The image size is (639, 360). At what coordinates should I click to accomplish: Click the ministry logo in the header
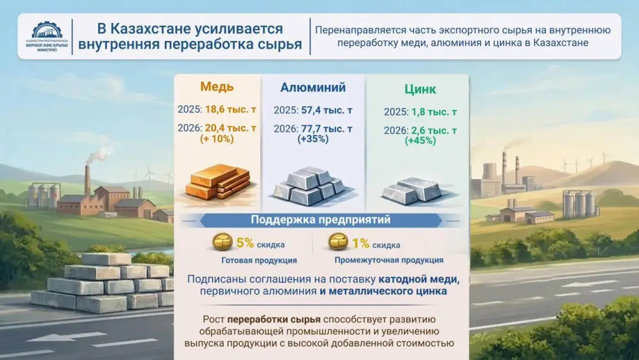pyautogui.click(x=46, y=37)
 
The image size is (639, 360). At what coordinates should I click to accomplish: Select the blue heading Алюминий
pyautogui.click(x=313, y=88)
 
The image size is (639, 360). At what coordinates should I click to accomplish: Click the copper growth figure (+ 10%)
pyautogui.click(x=217, y=139)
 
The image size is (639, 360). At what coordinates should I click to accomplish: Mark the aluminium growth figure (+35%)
pyautogui.click(x=312, y=139)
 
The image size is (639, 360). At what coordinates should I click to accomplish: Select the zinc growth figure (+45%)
pyautogui.click(x=420, y=141)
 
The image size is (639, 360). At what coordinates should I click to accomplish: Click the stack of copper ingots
pyautogui.click(x=217, y=182)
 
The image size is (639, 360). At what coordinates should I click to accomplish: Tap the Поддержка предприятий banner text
pyautogui.click(x=321, y=221)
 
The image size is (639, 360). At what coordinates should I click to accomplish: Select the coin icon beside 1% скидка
pyautogui.click(x=338, y=243)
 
